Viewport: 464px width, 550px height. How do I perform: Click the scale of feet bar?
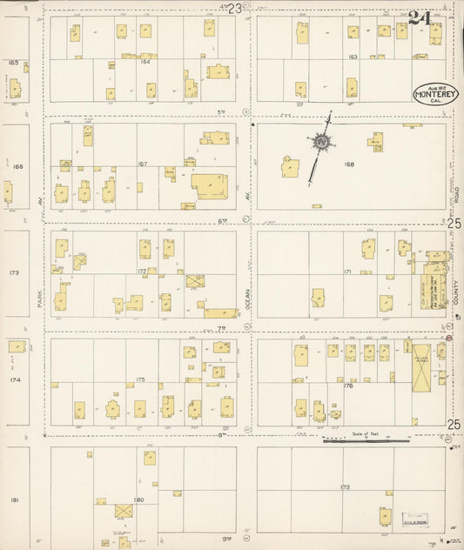click(366, 440)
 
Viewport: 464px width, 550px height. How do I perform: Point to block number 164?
click(145, 62)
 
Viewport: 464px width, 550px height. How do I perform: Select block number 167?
click(142, 164)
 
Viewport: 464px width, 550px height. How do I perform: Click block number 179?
click(345, 486)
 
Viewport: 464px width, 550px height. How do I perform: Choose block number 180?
click(138, 500)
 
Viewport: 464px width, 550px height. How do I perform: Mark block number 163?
click(353, 57)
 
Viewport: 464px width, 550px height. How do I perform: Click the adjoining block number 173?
click(14, 272)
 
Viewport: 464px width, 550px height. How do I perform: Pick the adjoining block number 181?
click(14, 500)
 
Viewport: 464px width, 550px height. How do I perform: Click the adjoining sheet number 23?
click(233, 8)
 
